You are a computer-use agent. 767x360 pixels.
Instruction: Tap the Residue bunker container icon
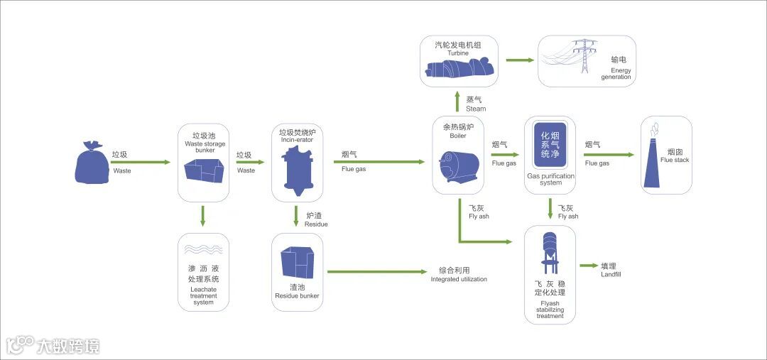[x=297, y=263]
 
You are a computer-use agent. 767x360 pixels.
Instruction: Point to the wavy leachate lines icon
[x=203, y=250]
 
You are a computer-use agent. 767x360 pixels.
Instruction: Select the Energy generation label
[x=616, y=73]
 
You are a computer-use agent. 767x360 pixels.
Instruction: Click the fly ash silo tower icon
[x=550, y=253]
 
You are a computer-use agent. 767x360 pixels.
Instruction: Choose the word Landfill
[x=610, y=274]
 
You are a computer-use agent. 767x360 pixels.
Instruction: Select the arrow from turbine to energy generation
[x=520, y=60]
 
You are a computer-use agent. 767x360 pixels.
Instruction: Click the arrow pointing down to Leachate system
[x=203, y=216]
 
